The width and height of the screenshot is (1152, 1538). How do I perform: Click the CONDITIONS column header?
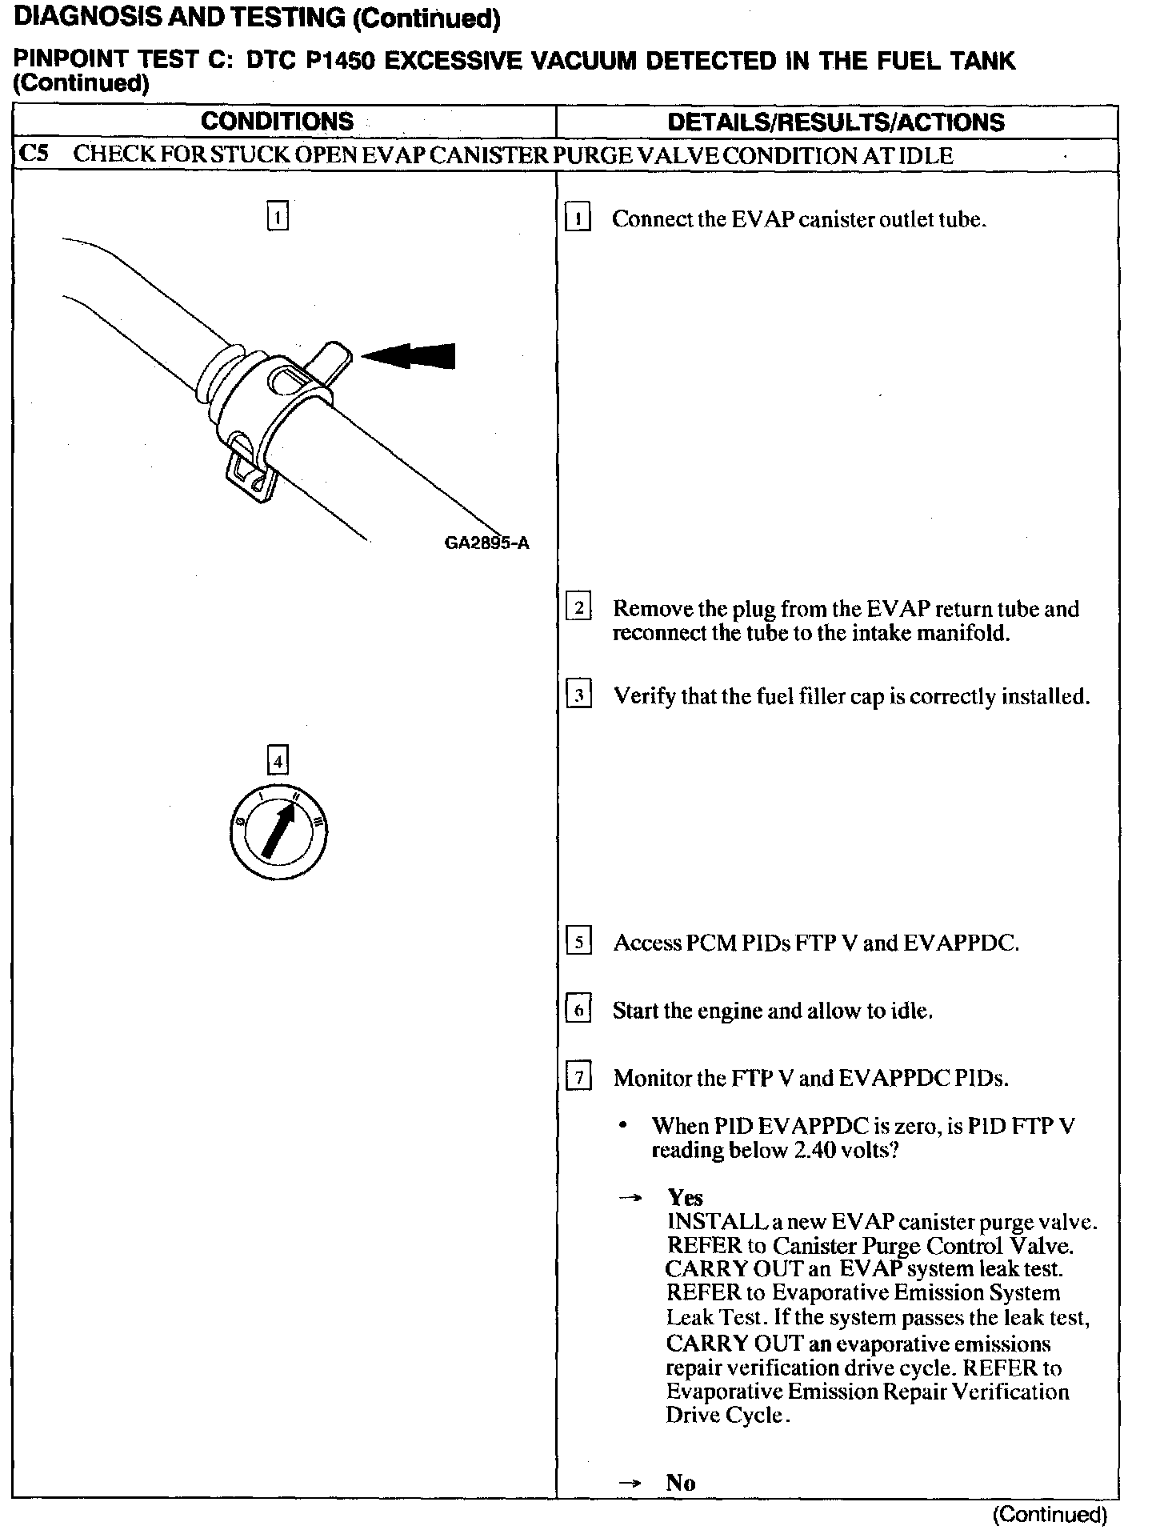277,122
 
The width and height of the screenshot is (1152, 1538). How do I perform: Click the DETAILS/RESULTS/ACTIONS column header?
836,122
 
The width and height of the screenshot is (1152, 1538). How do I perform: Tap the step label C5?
34,154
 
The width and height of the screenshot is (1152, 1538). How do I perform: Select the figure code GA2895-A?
486,543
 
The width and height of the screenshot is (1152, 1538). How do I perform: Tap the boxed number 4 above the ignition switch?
277,761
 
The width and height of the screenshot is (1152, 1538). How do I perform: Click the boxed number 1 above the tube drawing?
277,217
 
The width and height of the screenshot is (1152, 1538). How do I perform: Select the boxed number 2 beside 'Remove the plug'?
578,607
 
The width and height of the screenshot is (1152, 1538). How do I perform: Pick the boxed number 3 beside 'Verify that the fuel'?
578,695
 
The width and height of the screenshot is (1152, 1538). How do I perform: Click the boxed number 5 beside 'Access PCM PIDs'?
578,941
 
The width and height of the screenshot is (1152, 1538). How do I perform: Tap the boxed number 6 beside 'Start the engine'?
578,1010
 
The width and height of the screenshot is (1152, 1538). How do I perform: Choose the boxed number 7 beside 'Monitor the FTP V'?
578,1077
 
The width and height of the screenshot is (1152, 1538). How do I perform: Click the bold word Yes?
686,1198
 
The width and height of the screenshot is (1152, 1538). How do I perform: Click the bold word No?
681,1483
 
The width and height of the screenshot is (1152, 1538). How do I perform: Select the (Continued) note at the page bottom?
1050,1514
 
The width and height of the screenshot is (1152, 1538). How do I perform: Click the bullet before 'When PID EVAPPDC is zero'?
622,1126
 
